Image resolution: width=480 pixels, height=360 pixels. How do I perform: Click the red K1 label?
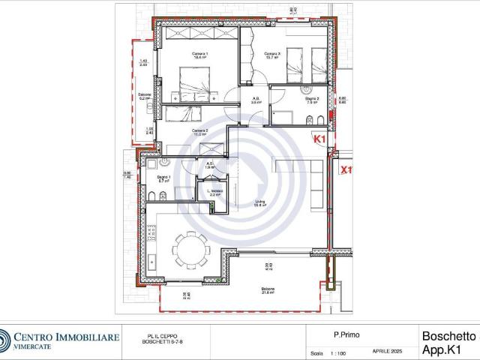point(319,139)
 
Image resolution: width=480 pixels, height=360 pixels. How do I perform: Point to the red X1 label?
point(346,170)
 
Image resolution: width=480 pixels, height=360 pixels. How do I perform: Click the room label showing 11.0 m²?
point(199,133)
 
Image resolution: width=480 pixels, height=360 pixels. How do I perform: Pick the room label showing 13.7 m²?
point(271,55)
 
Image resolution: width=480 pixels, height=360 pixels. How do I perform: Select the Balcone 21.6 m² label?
point(268,291)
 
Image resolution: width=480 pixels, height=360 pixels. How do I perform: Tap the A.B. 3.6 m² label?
point(255,100)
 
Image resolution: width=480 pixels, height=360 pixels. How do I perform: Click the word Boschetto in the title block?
point(448,337)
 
